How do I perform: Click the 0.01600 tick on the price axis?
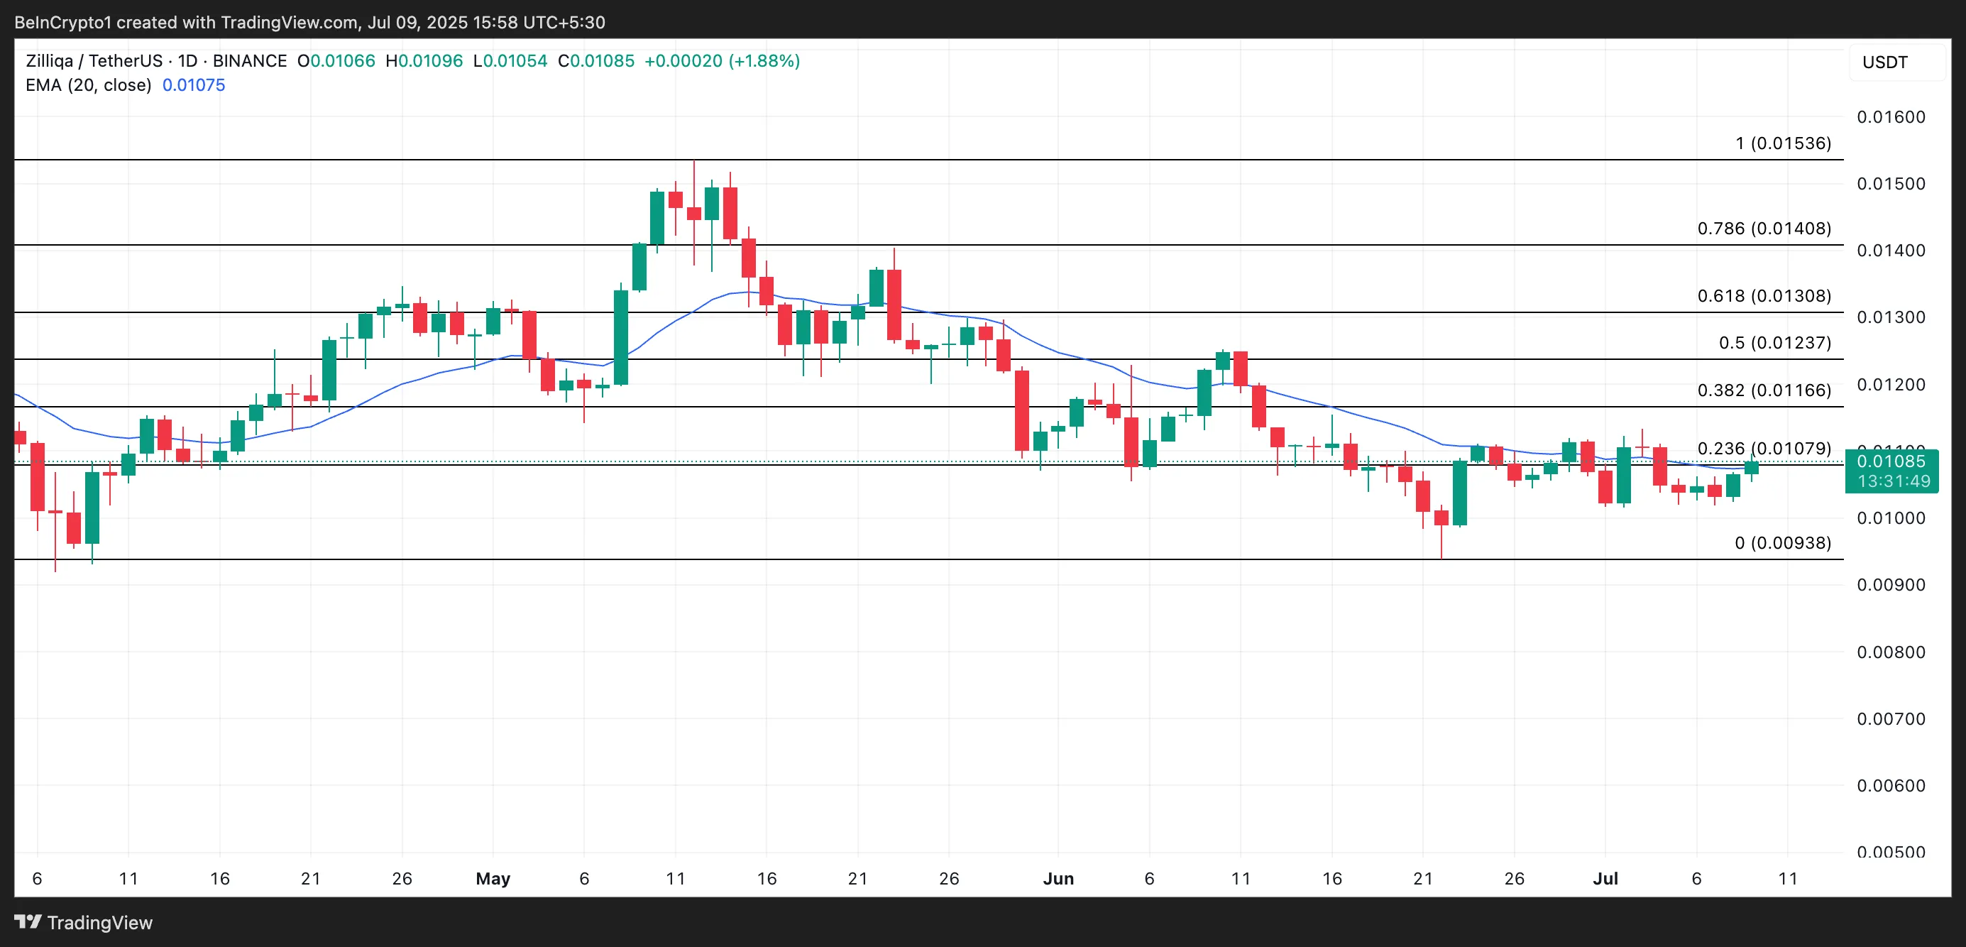click(1891, 116)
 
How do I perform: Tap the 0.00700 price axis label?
click(1891, 719)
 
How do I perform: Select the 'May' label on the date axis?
click(493, 878)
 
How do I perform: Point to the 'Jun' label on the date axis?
click(1058, 878)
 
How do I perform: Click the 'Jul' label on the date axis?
click(1605, 878)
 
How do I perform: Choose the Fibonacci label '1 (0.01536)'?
click(1783, 143)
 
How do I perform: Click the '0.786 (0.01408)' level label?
click(1764, 228)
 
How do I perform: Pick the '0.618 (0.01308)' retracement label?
click(1764, 296)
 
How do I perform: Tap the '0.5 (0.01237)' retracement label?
click(1774, 343)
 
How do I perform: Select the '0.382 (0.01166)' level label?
click(1764, 390)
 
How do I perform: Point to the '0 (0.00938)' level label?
click(1782, 542)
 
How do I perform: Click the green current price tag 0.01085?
click(1891, 461)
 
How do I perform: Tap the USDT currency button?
click(1884, 62)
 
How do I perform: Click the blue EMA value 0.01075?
click(194, 85)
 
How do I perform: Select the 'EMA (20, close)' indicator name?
click(89, 85)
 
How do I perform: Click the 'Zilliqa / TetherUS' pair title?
click(94, 61)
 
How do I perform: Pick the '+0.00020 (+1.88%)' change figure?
click(722, 61)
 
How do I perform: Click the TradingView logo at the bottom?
click(84, 923)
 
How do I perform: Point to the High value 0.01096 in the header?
click(429, 61)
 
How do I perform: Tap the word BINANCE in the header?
click(250, 61)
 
